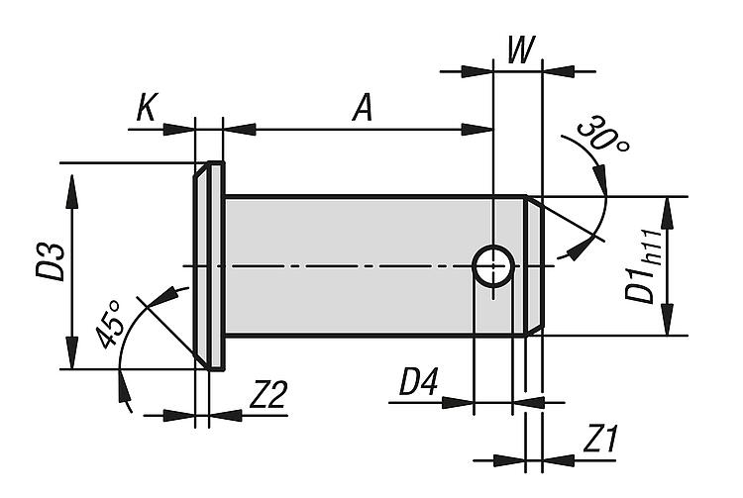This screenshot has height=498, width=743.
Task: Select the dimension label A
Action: (x=364, y=108)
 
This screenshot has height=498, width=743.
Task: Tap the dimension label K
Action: (x=146, y=108)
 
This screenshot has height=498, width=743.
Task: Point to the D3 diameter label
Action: (x=52, y=260)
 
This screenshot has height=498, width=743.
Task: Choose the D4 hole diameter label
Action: (x=416, y=382)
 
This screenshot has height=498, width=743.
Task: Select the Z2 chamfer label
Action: (x=267, y=395)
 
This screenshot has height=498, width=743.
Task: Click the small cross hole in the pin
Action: (x=492, y=266)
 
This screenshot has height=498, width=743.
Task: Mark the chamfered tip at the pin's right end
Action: (x=533, y=265)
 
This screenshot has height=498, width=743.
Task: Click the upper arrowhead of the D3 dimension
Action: (x=72, y=187)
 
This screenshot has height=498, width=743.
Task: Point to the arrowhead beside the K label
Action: (x=180, y=129)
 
